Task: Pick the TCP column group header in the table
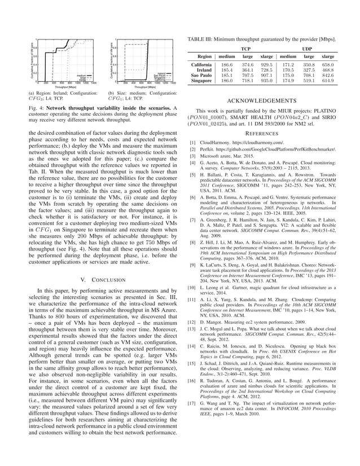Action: point(246,49)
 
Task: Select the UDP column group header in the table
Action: point(308,49)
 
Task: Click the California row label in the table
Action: point(201,65)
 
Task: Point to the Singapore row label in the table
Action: point(201,81)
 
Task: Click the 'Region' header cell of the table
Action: point(201,56)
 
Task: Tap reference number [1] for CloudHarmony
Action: point(193,143)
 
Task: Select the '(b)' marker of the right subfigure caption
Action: point(111,93)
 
